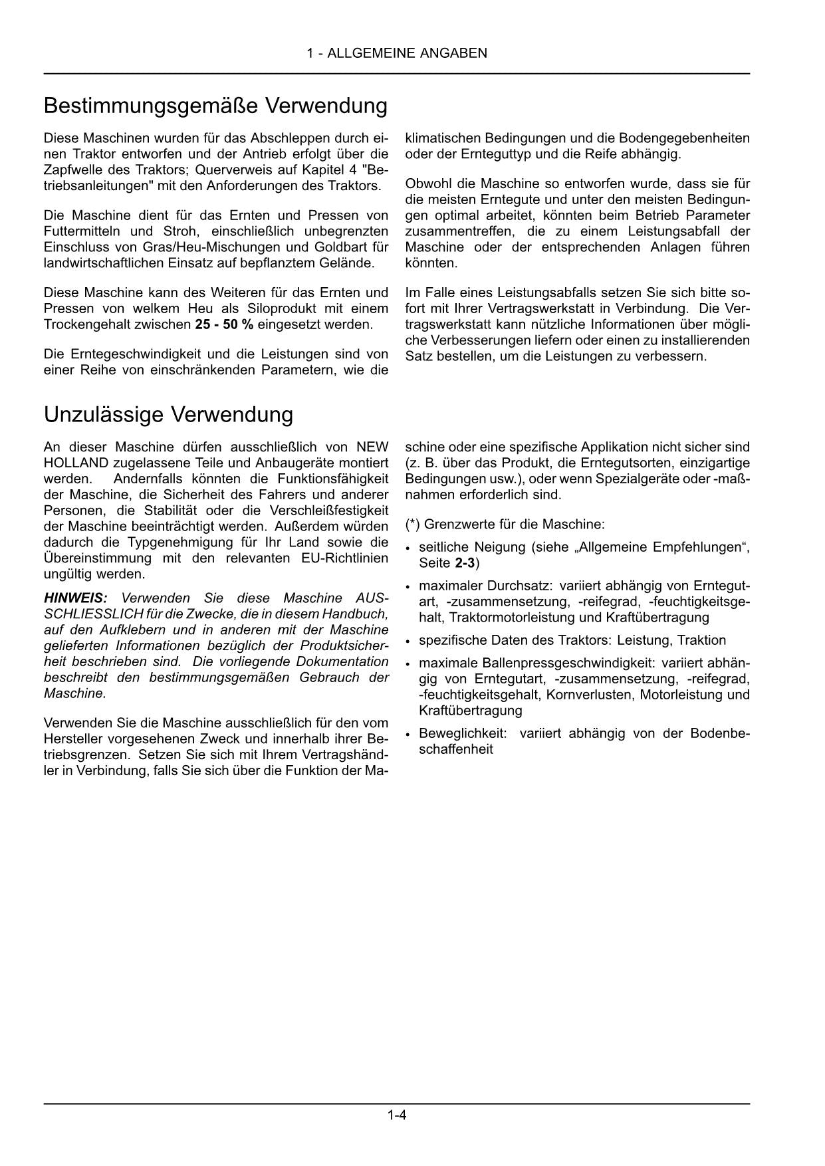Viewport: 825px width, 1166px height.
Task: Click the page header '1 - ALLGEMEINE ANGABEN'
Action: [x=397, y=53]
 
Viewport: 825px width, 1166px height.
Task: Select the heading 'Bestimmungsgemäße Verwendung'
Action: [x=215, y=106]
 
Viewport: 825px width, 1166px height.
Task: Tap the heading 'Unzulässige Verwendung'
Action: [x=168, y=414]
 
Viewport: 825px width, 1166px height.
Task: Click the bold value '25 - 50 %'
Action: [x=224, y=325]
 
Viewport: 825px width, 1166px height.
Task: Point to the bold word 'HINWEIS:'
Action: [x=75, y=598]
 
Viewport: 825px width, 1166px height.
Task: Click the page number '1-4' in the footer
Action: [x=397, y=1115]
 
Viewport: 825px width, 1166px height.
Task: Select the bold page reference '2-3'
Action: [x=465, y=564]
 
